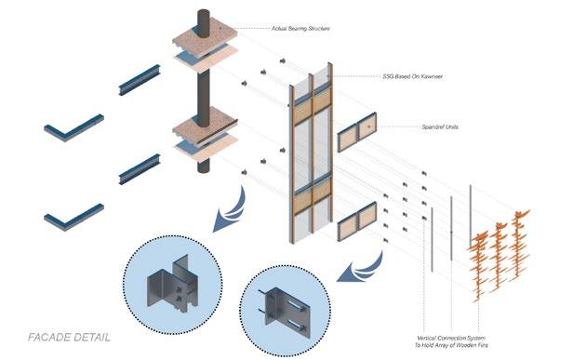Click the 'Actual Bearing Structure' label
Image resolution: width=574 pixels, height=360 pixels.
tap(300, 28)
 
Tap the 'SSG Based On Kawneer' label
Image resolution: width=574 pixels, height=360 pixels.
tap(412, 76)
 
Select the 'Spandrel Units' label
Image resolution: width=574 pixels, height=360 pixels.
tap(440, 127)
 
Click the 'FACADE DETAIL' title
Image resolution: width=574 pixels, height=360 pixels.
tap(69, 338)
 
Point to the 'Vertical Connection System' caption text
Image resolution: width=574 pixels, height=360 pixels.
tap(451, 338)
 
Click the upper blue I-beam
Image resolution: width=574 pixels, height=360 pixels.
tap(140, 80)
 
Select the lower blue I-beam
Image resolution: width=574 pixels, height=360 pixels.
tap(140, 169)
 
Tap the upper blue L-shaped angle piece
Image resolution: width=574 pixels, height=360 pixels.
tap(73, 127)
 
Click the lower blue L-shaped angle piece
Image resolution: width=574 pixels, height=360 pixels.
tap(73, 217)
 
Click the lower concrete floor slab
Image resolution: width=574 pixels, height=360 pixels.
tap(205, 131)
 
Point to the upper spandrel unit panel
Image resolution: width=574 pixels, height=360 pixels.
tap(357, 132)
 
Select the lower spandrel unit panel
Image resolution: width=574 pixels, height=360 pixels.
tap(357, 221)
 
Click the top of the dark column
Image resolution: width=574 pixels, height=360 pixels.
tap(204, 12)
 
